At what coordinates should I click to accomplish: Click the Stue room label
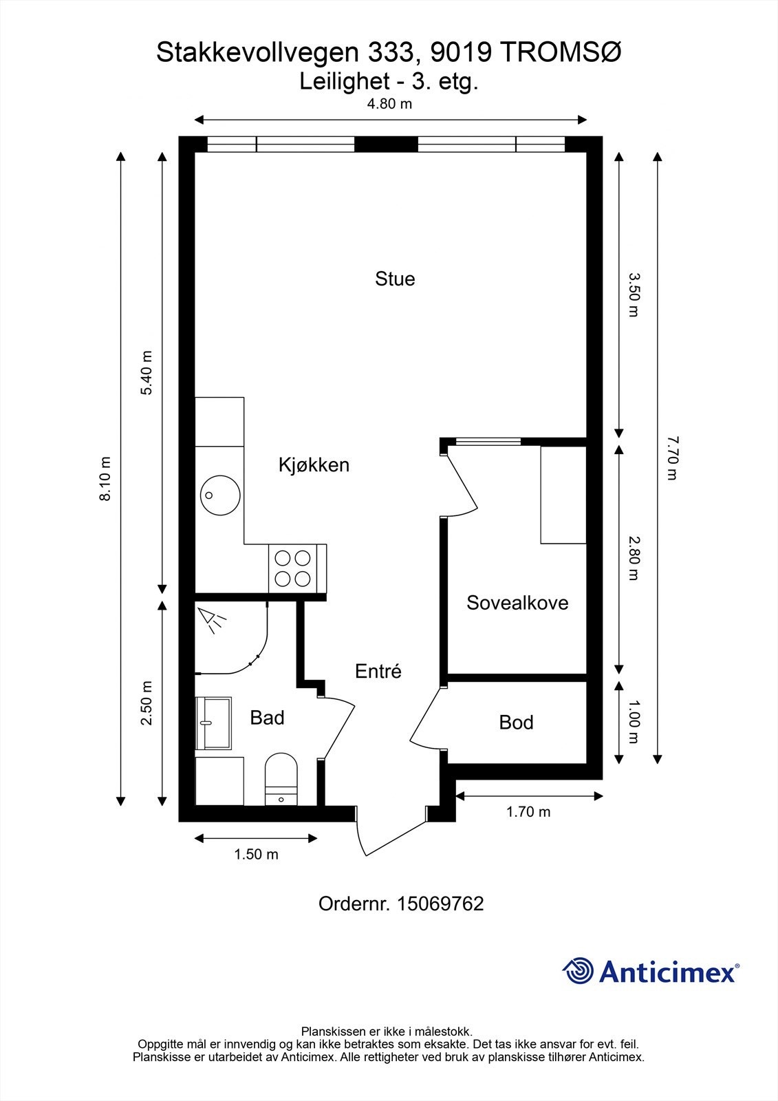(395, 279)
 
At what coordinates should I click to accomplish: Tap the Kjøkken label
(314, 464)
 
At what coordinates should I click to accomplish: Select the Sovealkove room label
(517, 603)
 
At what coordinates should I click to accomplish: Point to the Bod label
(516, 722)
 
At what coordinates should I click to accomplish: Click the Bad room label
(268, 718)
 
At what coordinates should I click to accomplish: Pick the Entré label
(378, 671)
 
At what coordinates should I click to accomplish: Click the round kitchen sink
(220, 495)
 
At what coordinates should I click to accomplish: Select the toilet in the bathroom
(281, 780)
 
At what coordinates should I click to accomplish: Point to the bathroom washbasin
(214, 723)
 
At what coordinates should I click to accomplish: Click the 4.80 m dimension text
(390, 104)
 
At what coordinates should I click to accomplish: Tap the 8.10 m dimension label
(105, 479)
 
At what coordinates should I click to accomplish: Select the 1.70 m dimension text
(528, 811)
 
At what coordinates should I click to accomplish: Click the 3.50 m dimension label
(634, 295)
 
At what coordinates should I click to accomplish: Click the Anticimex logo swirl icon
(578, 970)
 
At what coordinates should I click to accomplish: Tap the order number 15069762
(440, 904)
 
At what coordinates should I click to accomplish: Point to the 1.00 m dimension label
(634, 722)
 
